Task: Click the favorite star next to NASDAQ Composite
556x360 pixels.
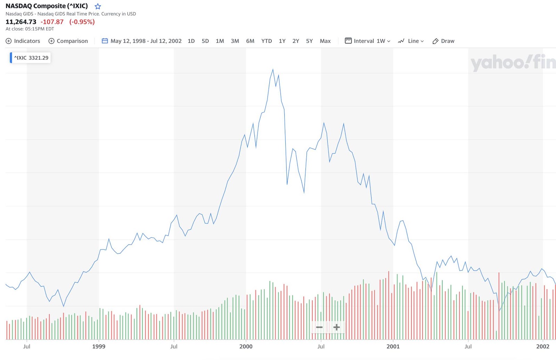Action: (x=98, y=6)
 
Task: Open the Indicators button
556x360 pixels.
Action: (x=23, y=41)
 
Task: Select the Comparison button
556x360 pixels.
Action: (x=68, y=41)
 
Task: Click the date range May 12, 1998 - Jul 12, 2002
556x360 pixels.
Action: (x=142, y=41)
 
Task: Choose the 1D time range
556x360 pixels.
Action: (x=191, y=41)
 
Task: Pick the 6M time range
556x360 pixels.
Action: (x=250, y=41)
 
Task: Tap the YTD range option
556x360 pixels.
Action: (x=267, y=41)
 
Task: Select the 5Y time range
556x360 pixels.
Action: (x=309, y=41)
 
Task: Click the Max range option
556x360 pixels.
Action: (x=325, y=41)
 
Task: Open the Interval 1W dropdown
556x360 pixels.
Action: (x=368, y=41)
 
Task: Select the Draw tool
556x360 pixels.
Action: (x=443, y=41)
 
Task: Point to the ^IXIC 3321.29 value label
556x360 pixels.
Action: (x=31, y=58)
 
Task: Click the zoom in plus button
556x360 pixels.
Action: (x=336, y=327)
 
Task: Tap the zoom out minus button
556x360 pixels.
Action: (x=319, y=327)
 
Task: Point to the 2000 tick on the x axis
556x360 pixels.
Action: (x=246, y=346)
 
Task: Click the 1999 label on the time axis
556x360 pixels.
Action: (x=99, y=346)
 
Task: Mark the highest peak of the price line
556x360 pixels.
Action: (x=273, y=69)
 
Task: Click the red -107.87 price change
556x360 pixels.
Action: (x=52, y=22)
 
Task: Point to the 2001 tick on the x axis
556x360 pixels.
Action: (x=393, y=346)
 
